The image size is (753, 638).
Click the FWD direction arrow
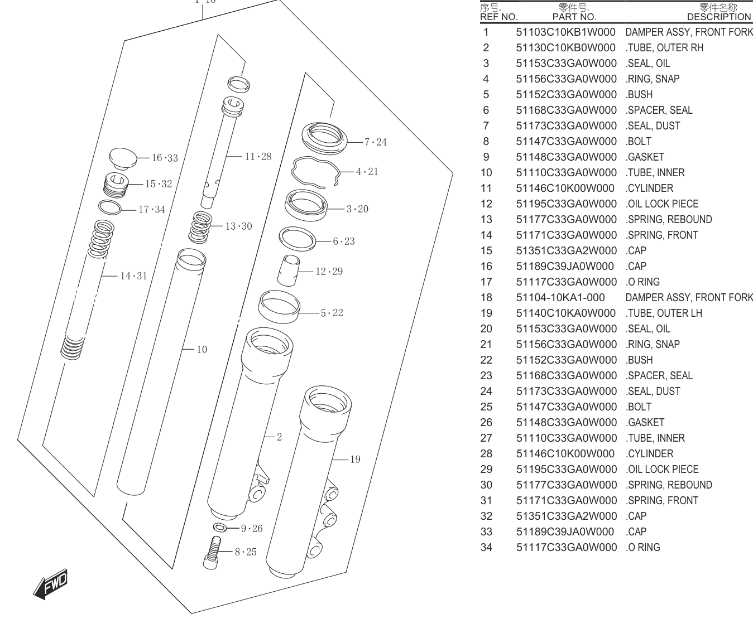click(x=50, y=584)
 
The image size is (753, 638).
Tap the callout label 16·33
click(x=165, y=158)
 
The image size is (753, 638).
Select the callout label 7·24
click(x=376, y=142)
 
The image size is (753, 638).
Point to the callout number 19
click(x=355, y=460)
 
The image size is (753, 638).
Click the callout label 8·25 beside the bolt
click(x=246, y=552)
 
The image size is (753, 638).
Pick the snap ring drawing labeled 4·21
click(x=315, y=172)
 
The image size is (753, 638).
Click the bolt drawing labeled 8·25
click(x=212, y=553)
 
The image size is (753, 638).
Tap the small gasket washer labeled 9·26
click(x=220, y=527)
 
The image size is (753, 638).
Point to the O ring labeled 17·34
click(x=109, y=207)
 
